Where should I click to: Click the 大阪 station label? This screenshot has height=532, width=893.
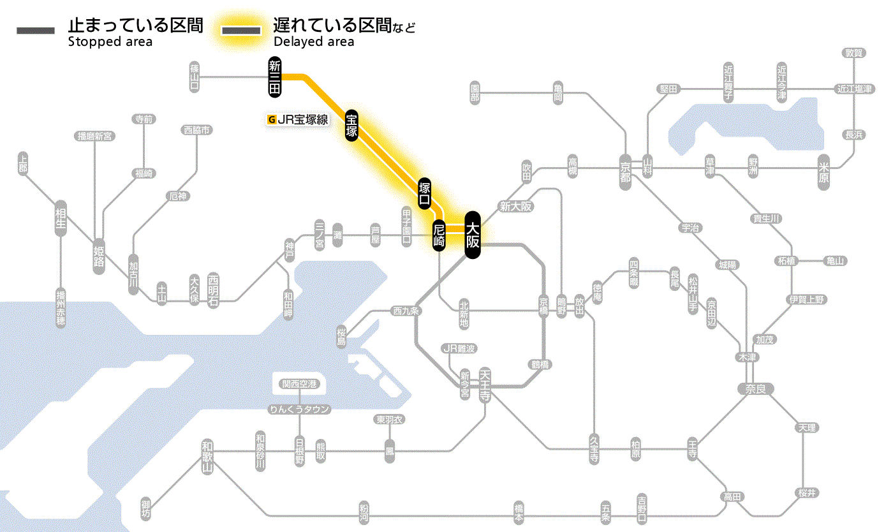[472, 235]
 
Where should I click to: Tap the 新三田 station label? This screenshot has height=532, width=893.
[275, 78]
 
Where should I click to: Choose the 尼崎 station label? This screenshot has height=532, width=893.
[439, 235]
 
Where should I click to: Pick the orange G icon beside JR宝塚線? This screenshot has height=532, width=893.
[272, 119]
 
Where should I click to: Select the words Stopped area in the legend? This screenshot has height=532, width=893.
[110, 42]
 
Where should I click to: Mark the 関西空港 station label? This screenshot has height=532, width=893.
[299, 384]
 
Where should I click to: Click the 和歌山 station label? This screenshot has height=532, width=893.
[207, 457]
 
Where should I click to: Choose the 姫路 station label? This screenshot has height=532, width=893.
[99, 256]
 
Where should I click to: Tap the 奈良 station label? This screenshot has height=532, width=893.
[755, 388]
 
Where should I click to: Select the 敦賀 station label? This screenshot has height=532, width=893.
[853, 53]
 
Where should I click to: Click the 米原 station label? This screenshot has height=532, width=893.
[824, 172]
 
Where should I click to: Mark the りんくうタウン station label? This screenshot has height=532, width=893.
[299, 410]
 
